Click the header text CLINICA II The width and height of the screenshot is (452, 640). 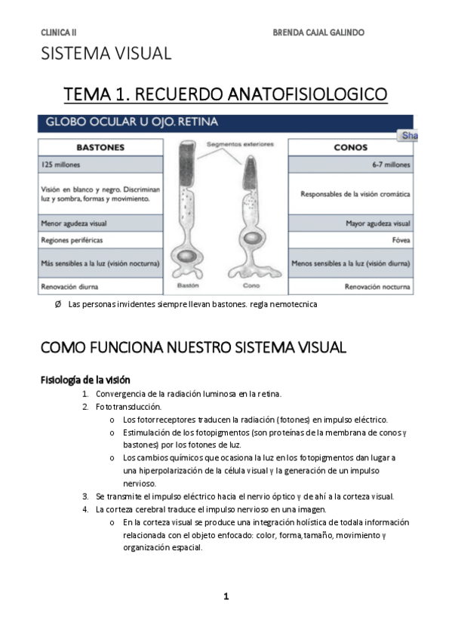[x=59, y=33]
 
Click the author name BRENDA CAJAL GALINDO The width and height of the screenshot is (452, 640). [x=318, y=33]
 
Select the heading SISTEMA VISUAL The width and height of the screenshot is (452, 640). [x=106, y=54]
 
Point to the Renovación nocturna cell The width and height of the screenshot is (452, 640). [x=377, y=287]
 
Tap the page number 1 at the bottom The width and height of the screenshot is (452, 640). [x=226, y=597]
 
